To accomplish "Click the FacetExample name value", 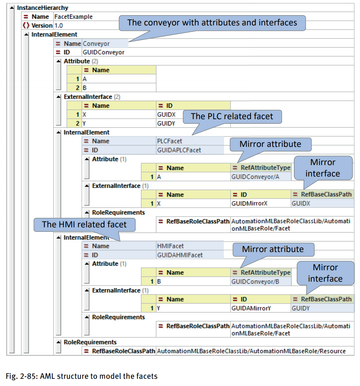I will (x=73, y=17).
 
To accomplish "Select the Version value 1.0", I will (x=58, y=25).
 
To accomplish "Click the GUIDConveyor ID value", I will (x=103, y=52).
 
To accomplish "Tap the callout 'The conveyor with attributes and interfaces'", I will (x=212, y=23).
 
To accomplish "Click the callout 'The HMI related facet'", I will (x=84, y=224).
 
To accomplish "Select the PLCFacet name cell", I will (x=169, y=141).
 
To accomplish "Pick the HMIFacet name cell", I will (x=170, y=246).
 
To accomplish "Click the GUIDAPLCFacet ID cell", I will (x=179, y=150).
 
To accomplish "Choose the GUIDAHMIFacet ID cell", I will (x=180, y=255).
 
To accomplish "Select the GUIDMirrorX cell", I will (x=249, y=203).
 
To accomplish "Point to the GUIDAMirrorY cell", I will (x=251, y=308).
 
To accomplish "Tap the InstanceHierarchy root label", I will (x=43, y=8).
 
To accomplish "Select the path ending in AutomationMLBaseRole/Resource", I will (x=251, y=351).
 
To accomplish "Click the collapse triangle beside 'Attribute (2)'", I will (x=58, y=61).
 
